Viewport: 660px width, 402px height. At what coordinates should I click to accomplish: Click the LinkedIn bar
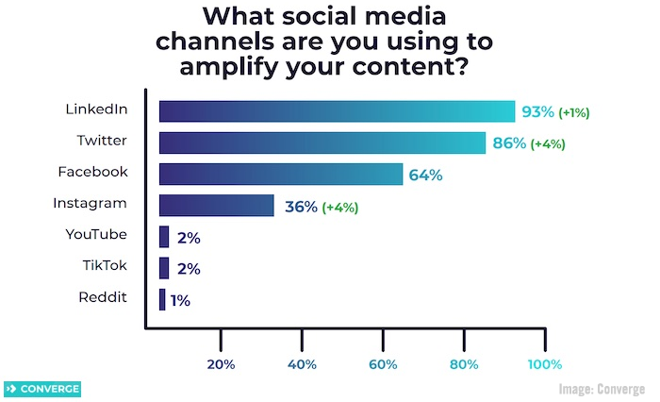pos(337,111)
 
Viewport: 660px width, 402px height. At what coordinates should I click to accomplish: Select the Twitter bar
pos(322,143)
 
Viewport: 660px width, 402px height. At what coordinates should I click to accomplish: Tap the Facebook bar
pos(281,175)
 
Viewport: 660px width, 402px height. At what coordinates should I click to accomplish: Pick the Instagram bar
pos(216,206)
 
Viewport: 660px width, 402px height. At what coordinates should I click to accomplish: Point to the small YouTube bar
pos(164,237)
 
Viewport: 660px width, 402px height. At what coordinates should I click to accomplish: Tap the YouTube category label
pos(96,234)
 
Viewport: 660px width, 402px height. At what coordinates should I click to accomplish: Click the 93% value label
pos(537,112)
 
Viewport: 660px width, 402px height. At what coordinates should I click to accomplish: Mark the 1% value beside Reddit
pos(180,300)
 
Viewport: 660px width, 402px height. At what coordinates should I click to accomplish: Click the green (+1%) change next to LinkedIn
pos(574,113)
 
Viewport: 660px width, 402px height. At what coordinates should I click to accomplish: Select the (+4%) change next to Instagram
pos(340,207)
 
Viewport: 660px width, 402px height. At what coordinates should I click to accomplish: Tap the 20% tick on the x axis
pos(221,364)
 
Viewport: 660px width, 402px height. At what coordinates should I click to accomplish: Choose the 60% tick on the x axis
pos(383,364)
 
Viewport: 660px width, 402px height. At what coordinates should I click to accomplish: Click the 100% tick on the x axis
pos(544,364)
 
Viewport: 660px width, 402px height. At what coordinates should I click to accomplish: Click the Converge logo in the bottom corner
pos(42,389)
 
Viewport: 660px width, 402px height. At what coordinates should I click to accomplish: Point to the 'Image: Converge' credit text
pos(602,389)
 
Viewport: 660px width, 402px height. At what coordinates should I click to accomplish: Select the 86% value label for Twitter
pos(507,144)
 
